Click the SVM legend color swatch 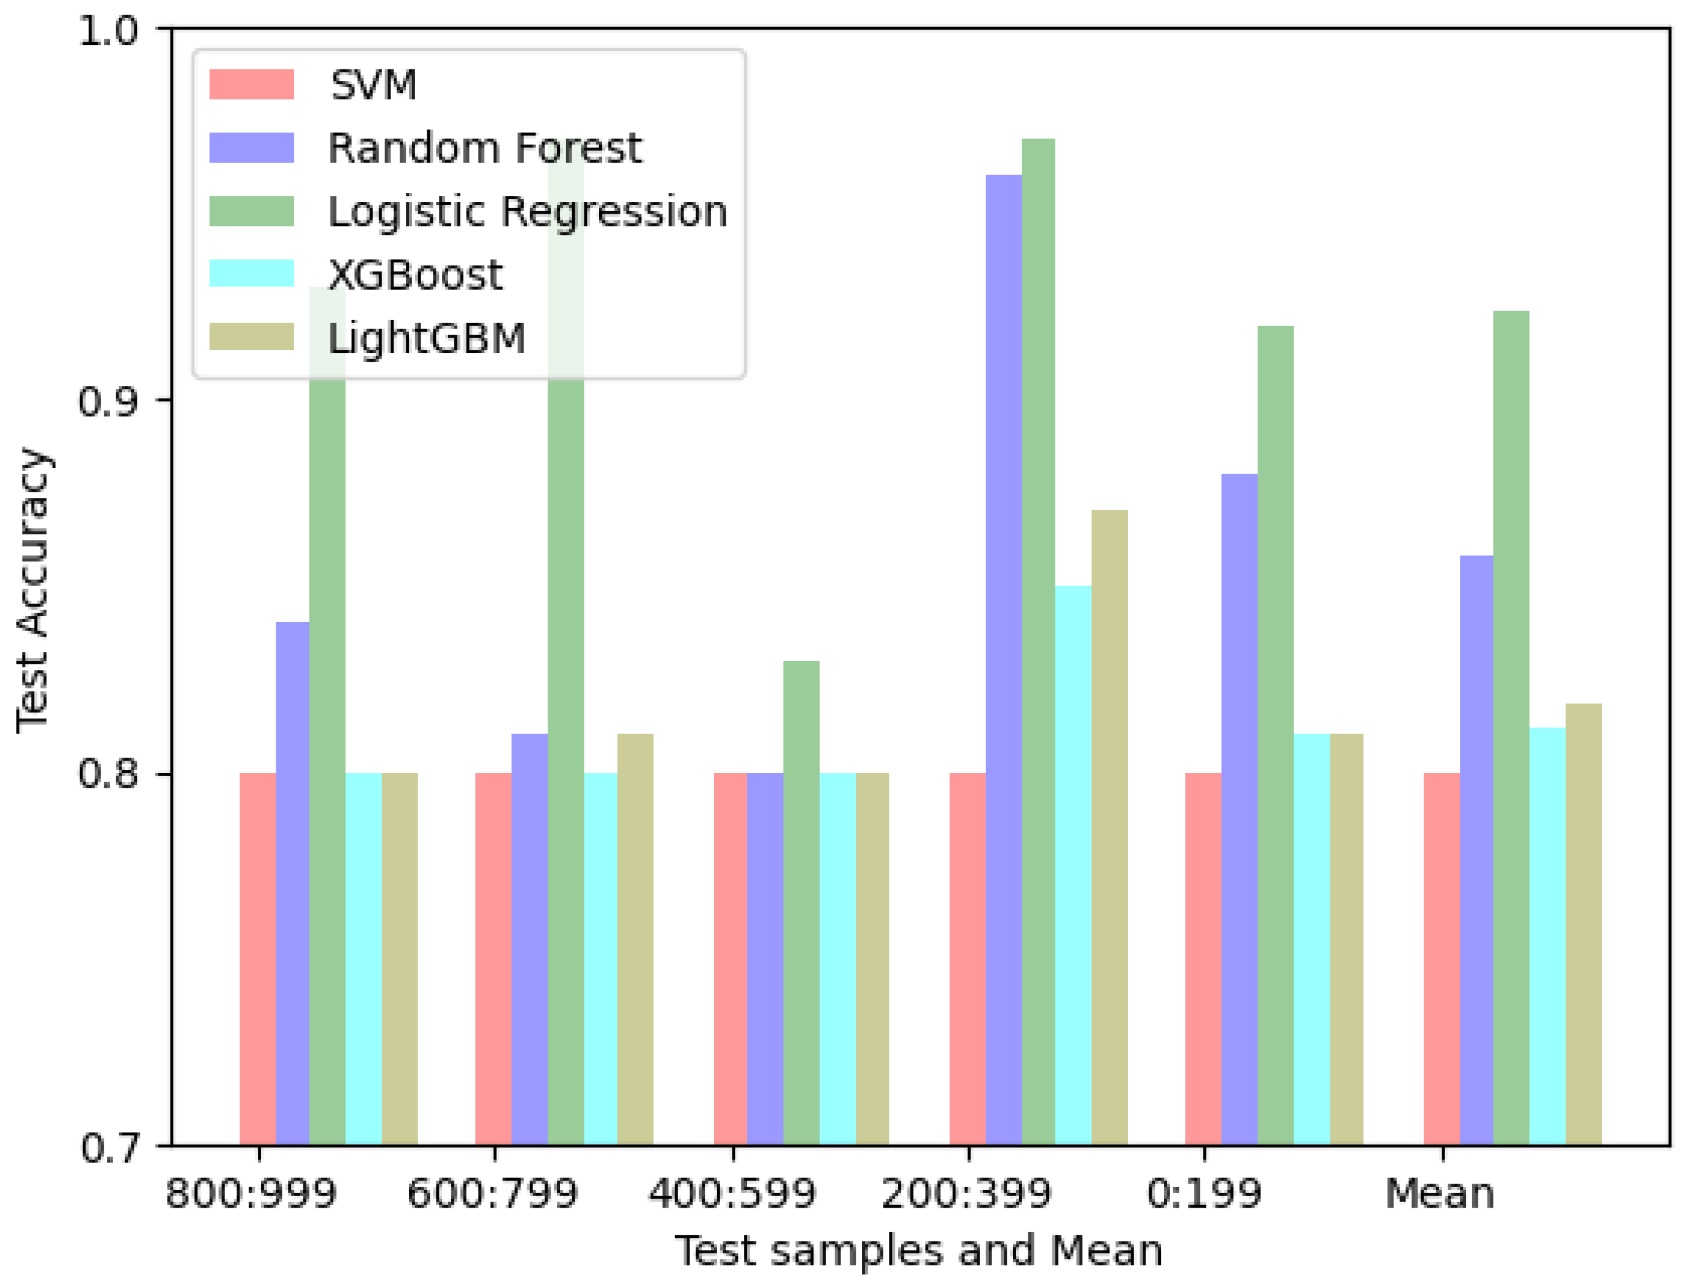(x=252, y=84)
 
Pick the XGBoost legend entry (x=415, y=274)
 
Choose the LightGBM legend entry (x=427, y=338)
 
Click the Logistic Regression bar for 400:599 (x=801, y=903)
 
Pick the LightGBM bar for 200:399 (x=1109, y=827)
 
